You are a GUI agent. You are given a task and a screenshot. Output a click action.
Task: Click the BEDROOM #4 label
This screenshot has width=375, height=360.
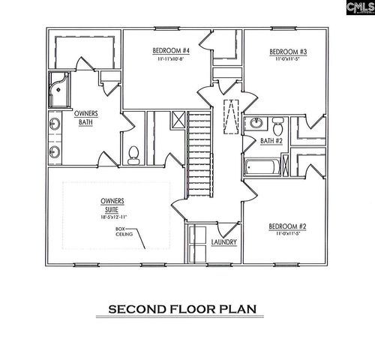170,51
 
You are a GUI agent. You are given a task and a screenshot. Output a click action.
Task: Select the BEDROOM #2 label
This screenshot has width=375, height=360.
288,226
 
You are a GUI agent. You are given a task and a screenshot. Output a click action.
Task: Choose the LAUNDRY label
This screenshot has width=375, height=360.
224,242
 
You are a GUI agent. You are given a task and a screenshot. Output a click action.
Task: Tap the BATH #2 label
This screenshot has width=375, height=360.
271,140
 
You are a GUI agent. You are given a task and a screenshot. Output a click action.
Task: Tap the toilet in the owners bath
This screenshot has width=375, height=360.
133,154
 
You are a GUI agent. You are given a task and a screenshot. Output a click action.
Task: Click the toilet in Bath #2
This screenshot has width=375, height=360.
277,123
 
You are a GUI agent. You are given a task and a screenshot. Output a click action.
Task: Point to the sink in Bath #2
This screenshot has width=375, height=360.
256,124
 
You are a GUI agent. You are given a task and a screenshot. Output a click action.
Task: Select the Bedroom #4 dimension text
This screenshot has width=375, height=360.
170,59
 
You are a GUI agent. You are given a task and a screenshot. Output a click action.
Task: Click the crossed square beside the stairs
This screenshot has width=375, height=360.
178,118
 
